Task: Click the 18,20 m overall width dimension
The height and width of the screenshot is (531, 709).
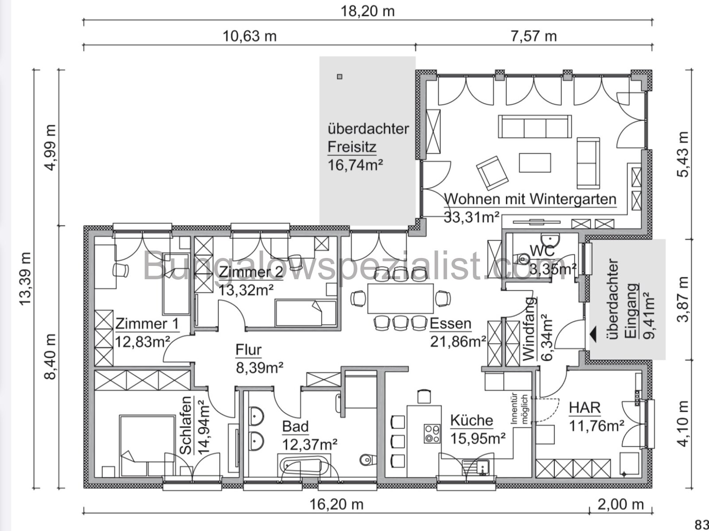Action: [x=367, y=11]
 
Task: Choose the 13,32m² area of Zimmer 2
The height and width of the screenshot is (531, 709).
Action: [x=246, y=289]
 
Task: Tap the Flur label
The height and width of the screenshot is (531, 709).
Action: [x=248, y=350]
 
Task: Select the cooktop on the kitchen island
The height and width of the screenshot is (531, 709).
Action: [x=432, y=433]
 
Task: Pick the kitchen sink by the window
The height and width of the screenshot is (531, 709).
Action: [x=475, y=467]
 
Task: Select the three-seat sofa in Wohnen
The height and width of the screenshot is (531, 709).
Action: [x=534, y=127]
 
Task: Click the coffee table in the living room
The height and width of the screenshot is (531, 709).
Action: [x=535, y=163]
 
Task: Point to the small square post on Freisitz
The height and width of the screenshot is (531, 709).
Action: [x=340, y=77]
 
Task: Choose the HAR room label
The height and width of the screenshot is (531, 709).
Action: [x=584, y=407]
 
